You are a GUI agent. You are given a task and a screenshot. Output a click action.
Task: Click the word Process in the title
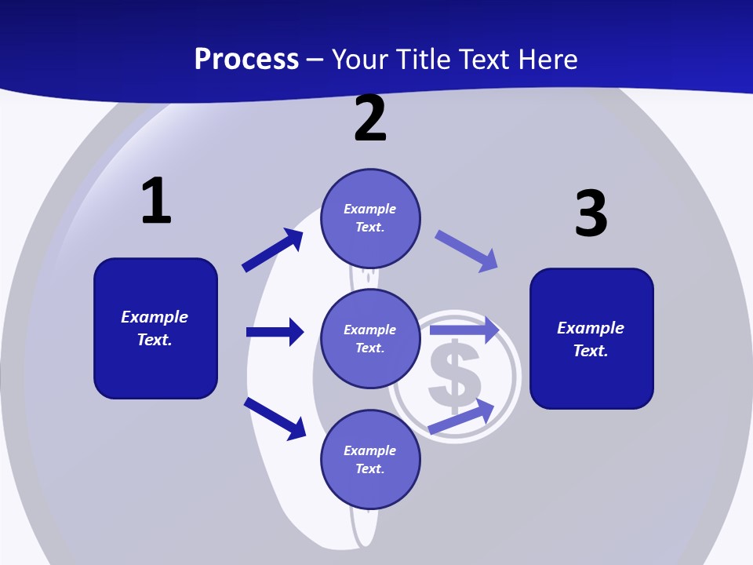pos(246,59)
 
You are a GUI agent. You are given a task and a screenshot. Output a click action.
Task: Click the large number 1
pos(156,200)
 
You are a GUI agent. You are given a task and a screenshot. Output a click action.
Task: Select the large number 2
pos(370,118)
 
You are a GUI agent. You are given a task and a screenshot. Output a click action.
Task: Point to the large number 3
pos(591,213)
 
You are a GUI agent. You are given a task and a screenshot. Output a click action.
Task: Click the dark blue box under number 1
pos(155,328)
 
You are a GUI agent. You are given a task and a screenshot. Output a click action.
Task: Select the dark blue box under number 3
pos(591,339)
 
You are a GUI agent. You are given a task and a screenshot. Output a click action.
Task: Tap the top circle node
pos(370,218)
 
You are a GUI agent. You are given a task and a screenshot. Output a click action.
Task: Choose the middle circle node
pos(370,339)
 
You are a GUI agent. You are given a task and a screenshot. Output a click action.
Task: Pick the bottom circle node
pos(370,459)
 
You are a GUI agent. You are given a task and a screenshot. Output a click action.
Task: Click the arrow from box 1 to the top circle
pos(272,250)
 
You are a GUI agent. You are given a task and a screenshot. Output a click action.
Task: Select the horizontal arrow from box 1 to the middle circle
pos(275,332)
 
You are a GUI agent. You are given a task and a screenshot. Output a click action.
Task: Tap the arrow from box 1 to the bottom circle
pos(275,419)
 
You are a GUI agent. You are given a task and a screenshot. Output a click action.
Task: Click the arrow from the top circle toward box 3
pos(466,251)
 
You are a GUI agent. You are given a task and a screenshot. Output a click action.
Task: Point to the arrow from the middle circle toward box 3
pos(464,330)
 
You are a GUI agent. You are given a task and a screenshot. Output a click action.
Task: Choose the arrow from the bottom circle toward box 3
pos(461,416)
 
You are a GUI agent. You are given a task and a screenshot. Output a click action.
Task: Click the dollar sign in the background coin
pos(454,376)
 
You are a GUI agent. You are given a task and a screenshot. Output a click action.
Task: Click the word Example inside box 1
pos(155,318)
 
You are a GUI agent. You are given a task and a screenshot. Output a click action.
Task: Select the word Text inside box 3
pos(590,351)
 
